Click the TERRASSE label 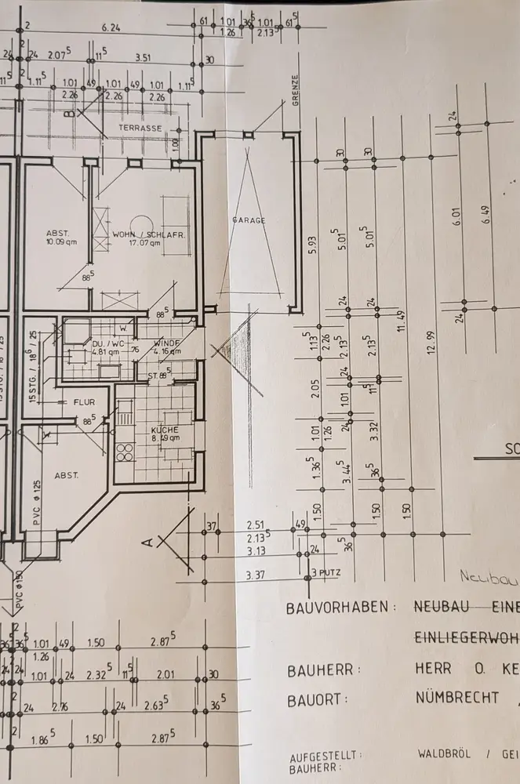pyautogui.click(x=140, y=127)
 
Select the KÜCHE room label pyautogui.click(x=165, y=430)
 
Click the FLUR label pyautogui.click(x=84, y=402)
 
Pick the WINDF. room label pyautogui.click(x=168, y=343)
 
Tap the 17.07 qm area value pyautogui.click(x=145, y=243)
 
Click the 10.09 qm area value pyautogui.click(x=58, y=242)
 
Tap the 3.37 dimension pyautogui.click(x=255, y=576)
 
